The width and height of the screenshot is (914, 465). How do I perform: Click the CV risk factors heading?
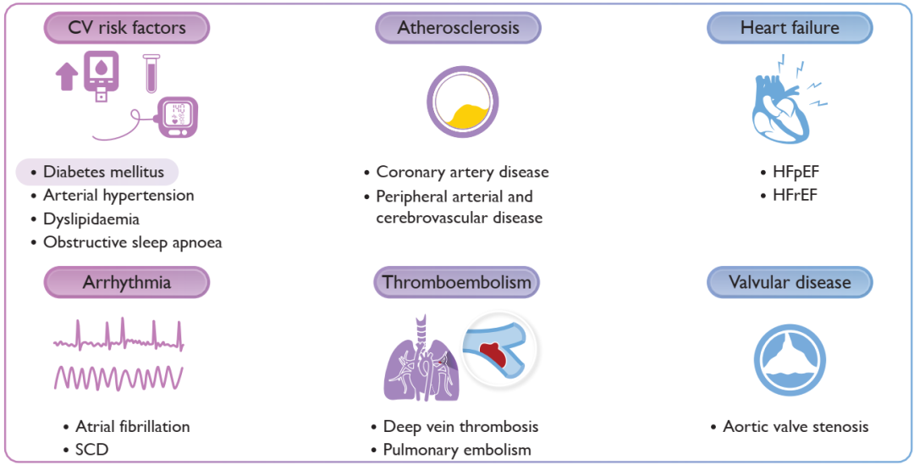pyautogui.click(x=127, y=28)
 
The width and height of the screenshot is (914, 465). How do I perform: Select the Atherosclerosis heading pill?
pyautogui.click(x=458, y=28)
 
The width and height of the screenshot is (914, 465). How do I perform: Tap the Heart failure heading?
pyautogui.click(x=790, y=28)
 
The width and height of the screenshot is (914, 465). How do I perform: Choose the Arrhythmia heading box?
pyautogui.click(x=127, y=282)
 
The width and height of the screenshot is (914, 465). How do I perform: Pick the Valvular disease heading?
pyautogui.click(x=790, y=282)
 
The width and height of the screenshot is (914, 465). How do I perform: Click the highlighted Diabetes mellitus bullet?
pyautogui.click(x=97, y=172)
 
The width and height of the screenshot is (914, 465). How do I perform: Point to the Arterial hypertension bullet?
pyautogui.click(x=118, y=195)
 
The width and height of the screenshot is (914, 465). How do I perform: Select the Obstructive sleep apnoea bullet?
pyautogui.click(x=132, y=242)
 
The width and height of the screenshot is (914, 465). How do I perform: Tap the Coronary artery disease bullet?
pyautogui.click(x=462, y=172)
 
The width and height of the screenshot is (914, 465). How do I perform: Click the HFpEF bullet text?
pyautogui.click(x=795, y=172)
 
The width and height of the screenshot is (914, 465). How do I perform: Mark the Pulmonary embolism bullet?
pyautogui.click(x=457, y=449)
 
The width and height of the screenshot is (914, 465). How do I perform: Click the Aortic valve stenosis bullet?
pyautogui.click(x=796, y=427)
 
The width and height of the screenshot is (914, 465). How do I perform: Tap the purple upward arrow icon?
pyautogui.click(x=66, y=77)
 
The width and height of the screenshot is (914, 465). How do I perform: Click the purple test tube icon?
pyautogui.click(x=151, y=73)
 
